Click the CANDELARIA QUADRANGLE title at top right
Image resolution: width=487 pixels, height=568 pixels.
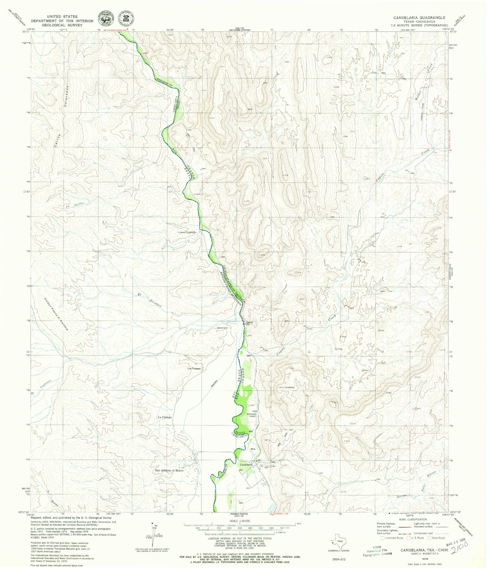(x=419, y=18)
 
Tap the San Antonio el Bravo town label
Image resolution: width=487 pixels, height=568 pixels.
(x=169, y=470)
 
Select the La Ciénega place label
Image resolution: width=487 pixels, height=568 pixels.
(x=165, y=417)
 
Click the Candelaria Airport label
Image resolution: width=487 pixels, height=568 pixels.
(x=252, y=415)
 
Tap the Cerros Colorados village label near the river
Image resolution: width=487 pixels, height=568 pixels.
(x=187, y=232)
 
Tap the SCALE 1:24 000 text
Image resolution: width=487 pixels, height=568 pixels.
(x=240, y=521)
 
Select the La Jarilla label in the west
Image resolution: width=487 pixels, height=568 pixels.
(x=74, y=205)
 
